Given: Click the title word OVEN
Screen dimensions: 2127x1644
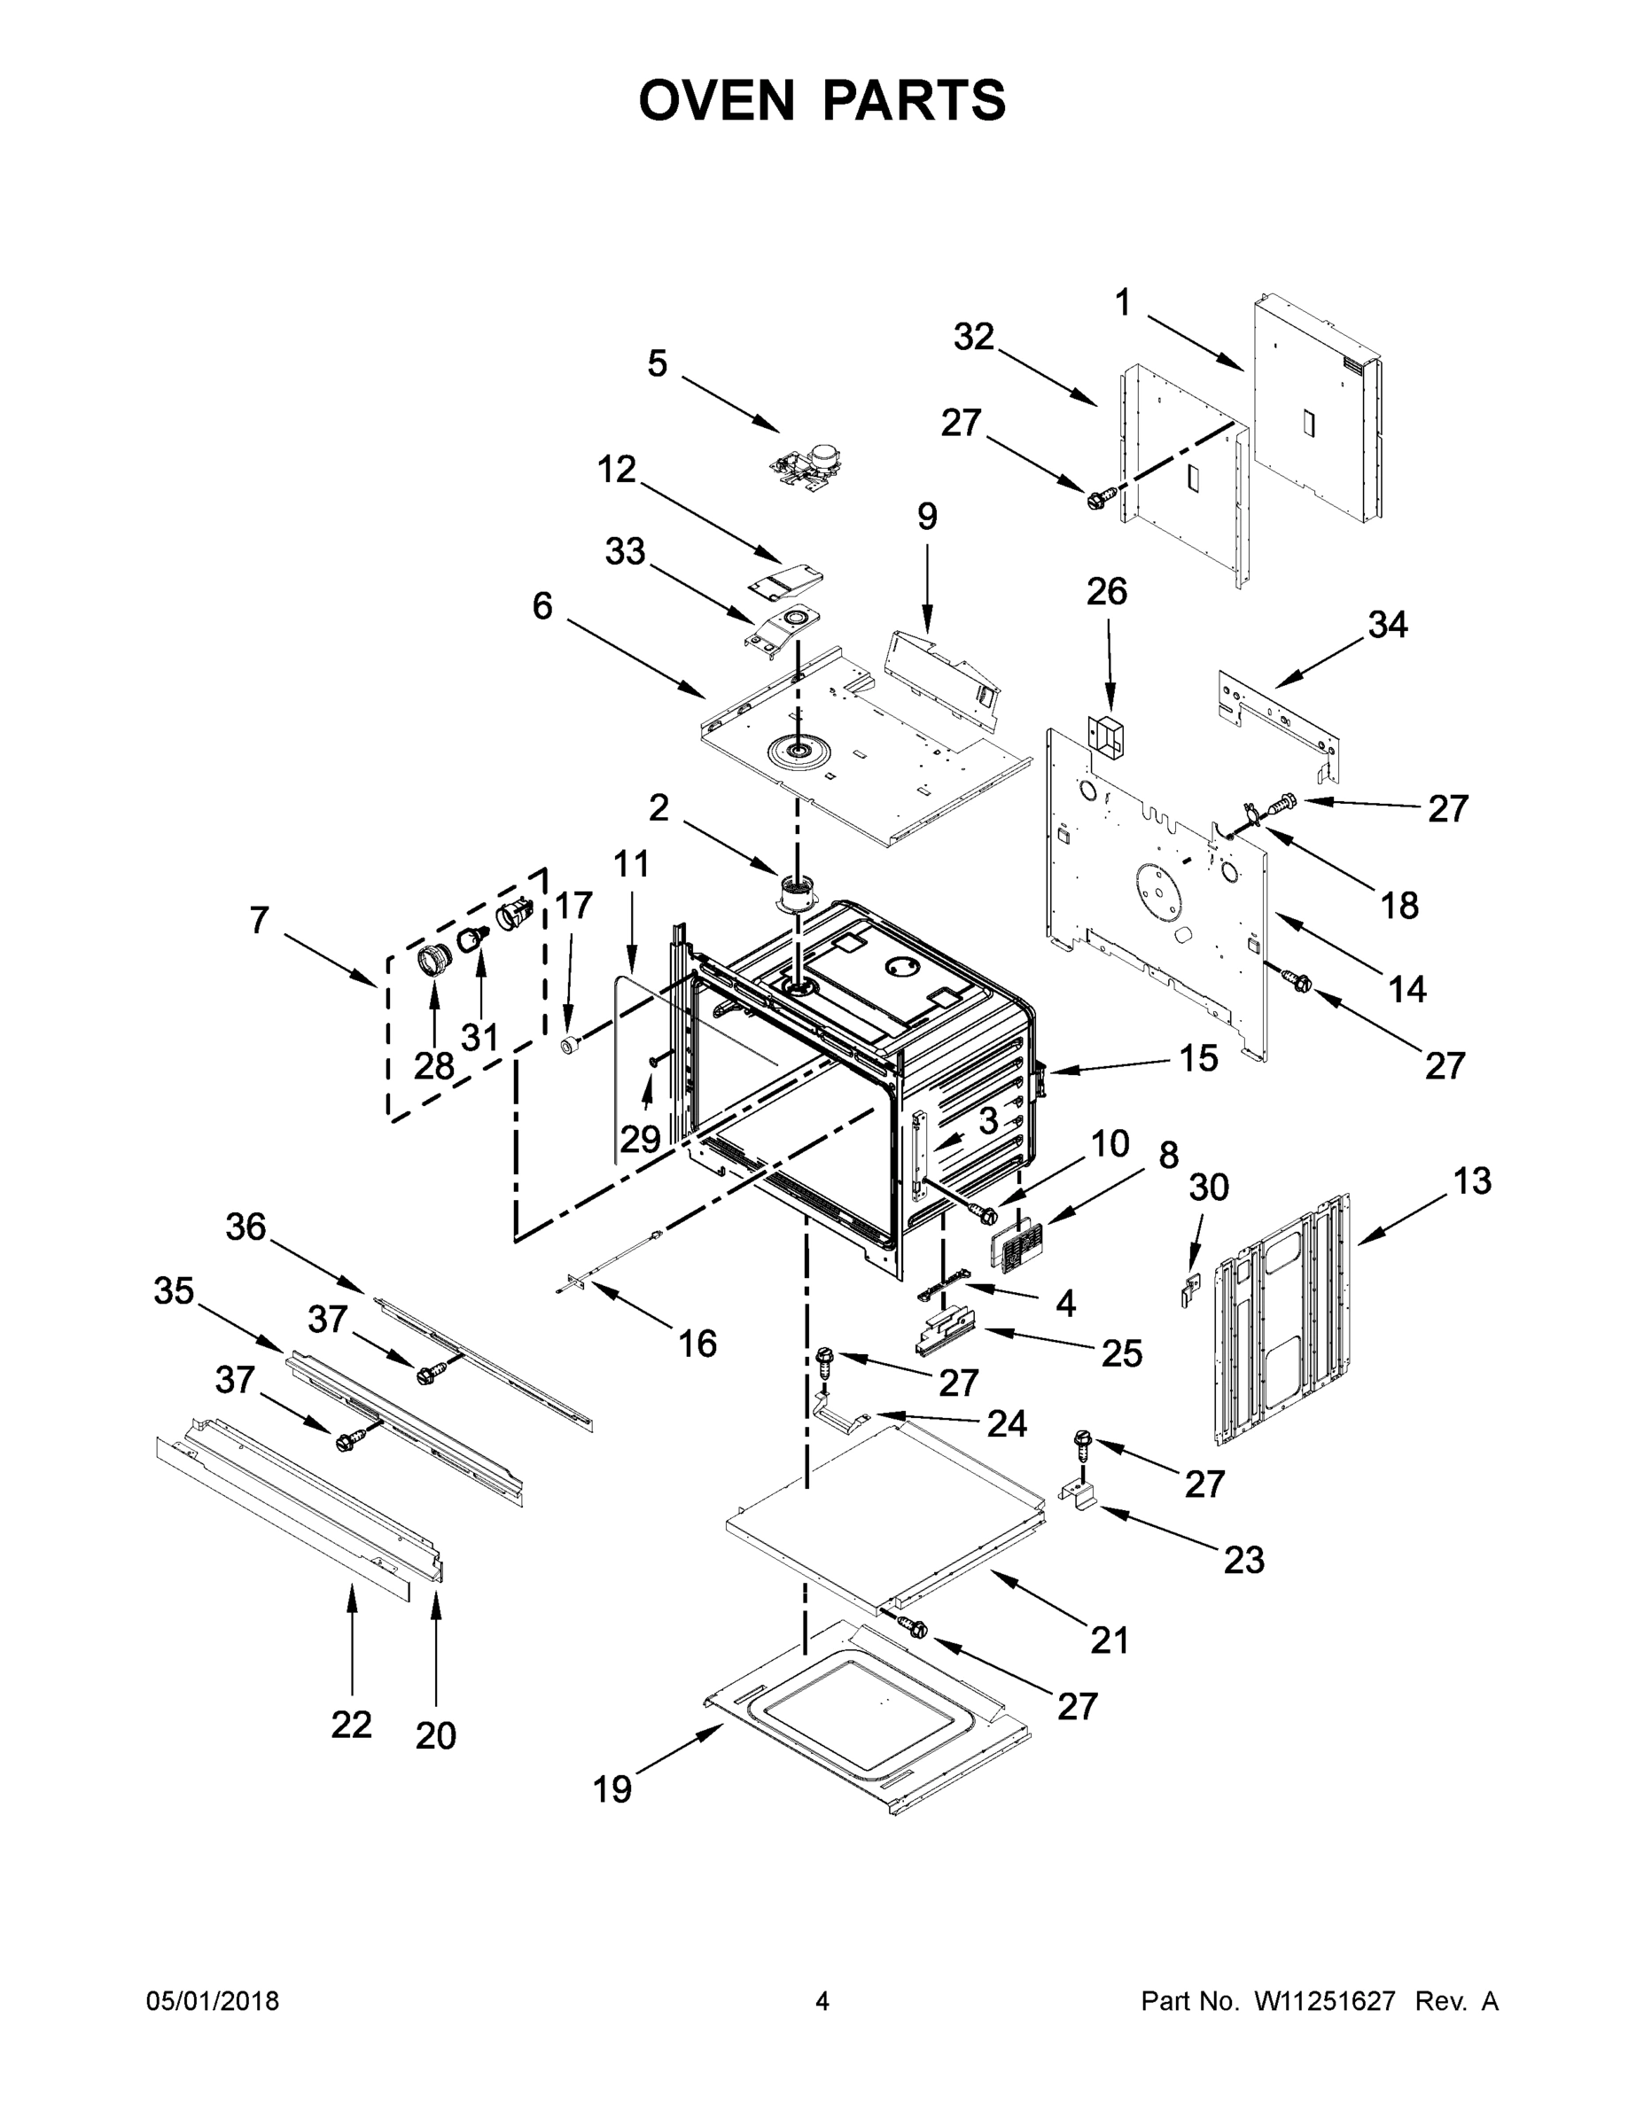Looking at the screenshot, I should [717, 100].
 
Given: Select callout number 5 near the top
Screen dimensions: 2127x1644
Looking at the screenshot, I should [658, 364].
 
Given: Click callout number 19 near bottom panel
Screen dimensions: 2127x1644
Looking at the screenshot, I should [612, 1789].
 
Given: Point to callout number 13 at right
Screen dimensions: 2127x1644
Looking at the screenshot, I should [1471, 1180].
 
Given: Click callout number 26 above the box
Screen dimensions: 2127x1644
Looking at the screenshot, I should [1107, 591].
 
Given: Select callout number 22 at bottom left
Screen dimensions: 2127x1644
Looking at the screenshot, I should [351, 1725].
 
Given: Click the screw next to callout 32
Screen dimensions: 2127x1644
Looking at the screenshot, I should [1097, 501].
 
